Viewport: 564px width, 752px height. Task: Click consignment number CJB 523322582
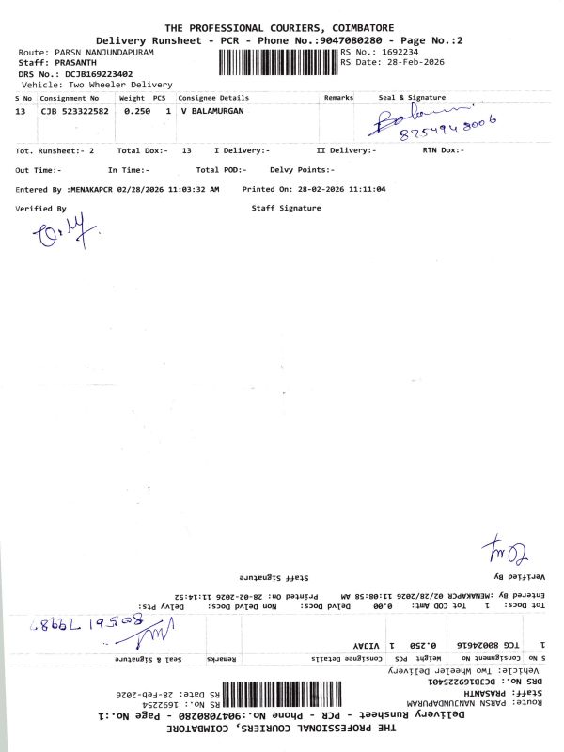(x=74, y=111)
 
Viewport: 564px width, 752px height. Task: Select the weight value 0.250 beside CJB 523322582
(x=137, y=111)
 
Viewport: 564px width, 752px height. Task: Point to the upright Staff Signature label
(x=287, y=208)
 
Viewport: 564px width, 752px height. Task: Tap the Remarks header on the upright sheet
(x=338, y=98)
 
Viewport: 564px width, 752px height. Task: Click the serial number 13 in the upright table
(x=21, y=111)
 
